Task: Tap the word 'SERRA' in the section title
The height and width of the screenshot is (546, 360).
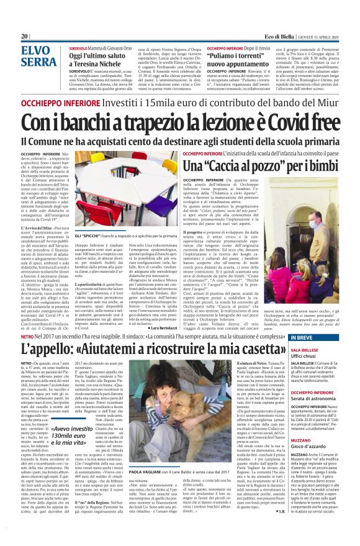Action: (38, 61)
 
